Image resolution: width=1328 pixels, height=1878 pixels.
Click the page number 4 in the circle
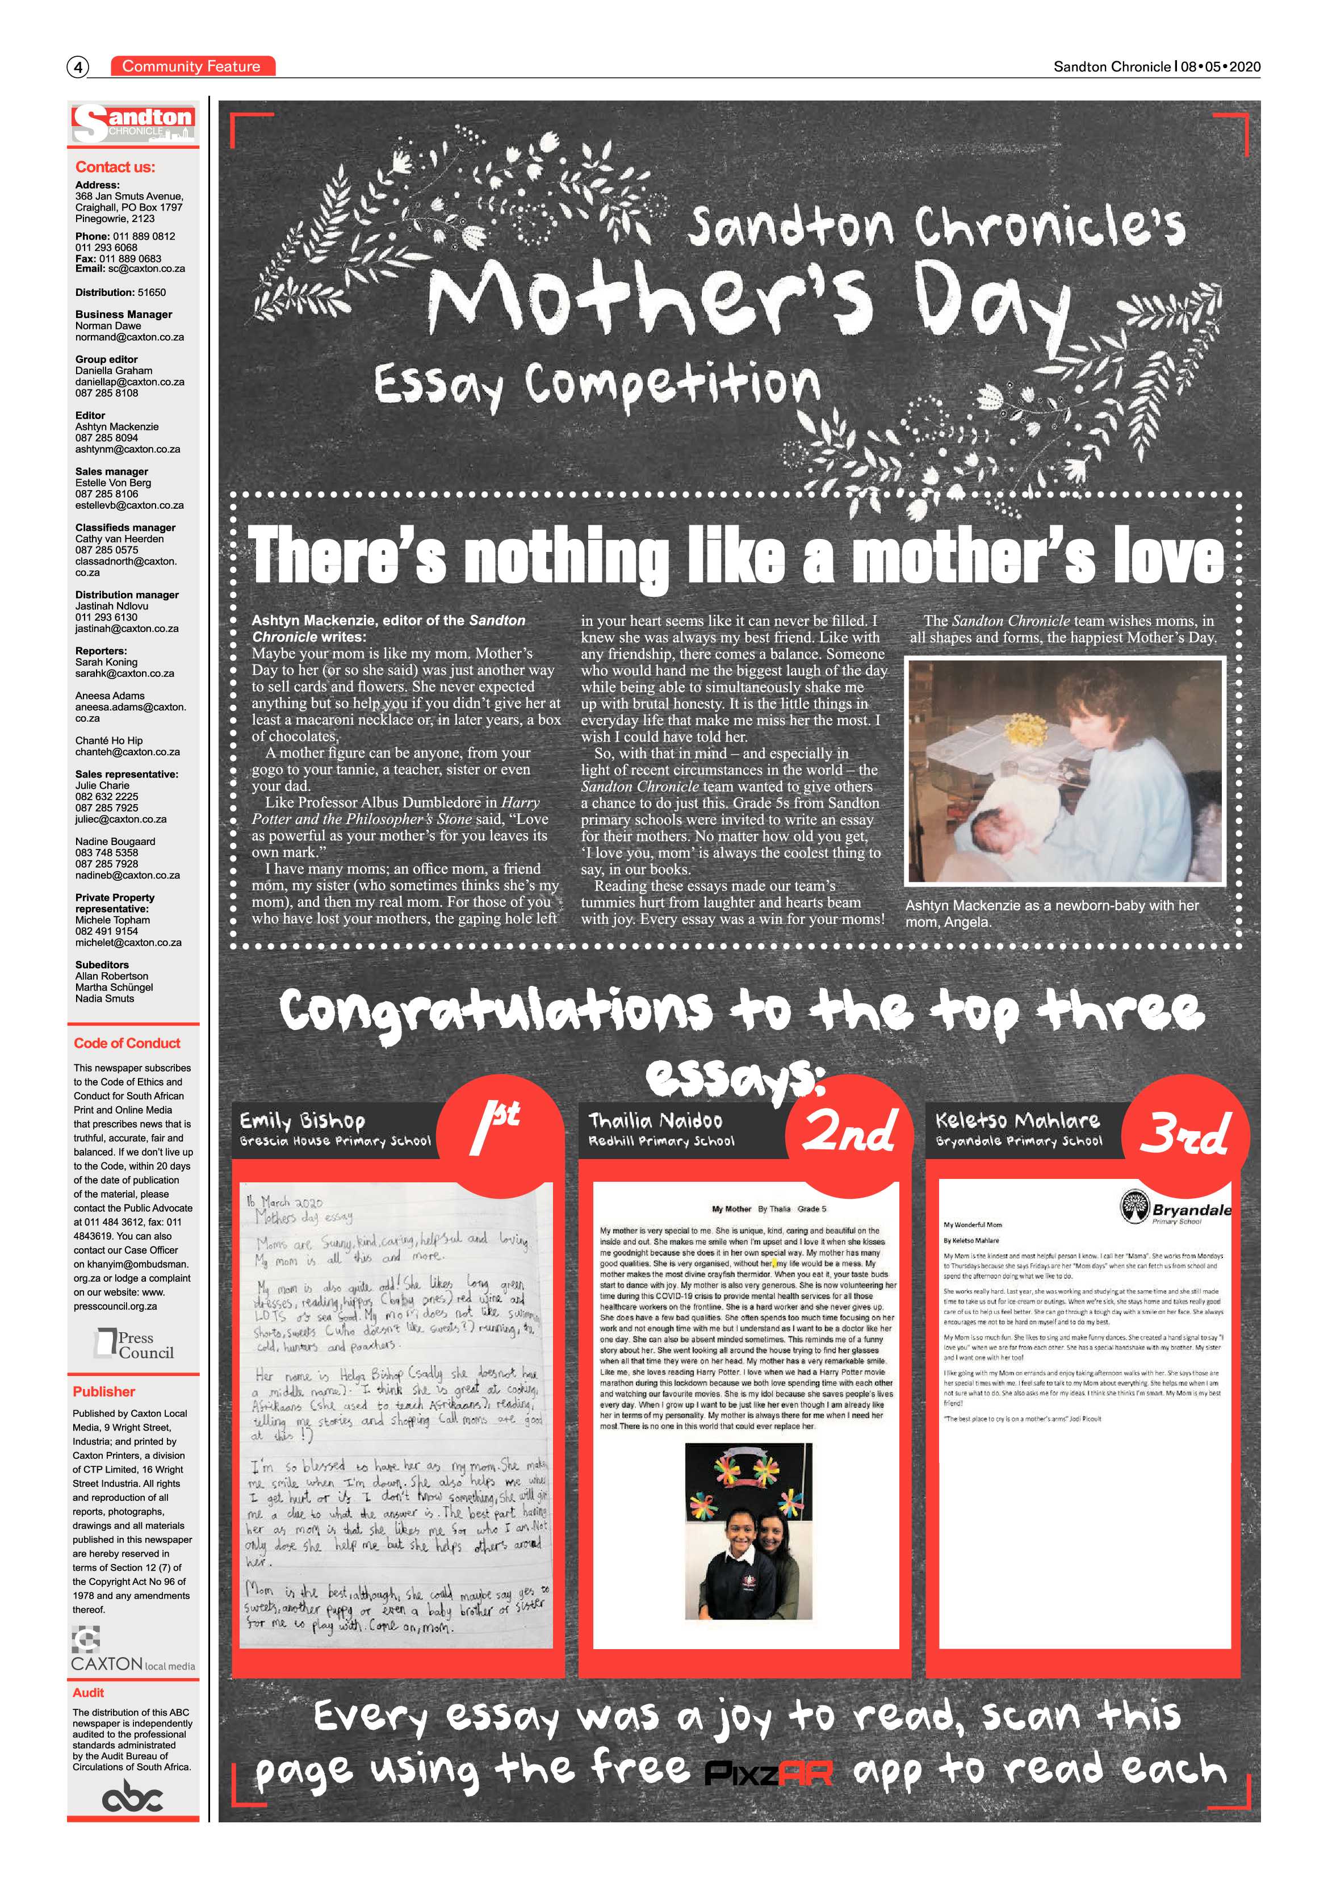78,67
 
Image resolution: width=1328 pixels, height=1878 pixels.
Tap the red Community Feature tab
192,66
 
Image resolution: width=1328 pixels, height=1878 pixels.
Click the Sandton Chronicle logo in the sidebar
133,123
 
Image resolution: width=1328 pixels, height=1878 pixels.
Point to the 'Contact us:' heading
115,168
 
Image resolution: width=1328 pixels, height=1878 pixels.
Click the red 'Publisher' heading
104,1391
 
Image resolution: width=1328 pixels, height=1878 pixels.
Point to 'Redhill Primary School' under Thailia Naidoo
661,1141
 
